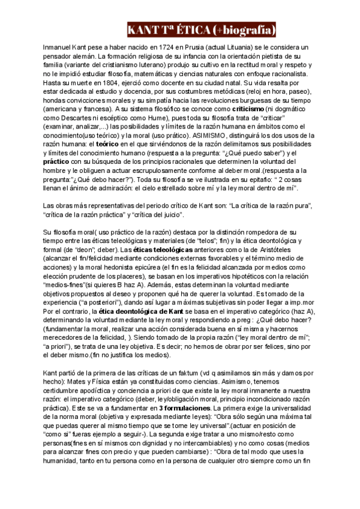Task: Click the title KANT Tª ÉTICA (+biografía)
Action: [202, 29]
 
